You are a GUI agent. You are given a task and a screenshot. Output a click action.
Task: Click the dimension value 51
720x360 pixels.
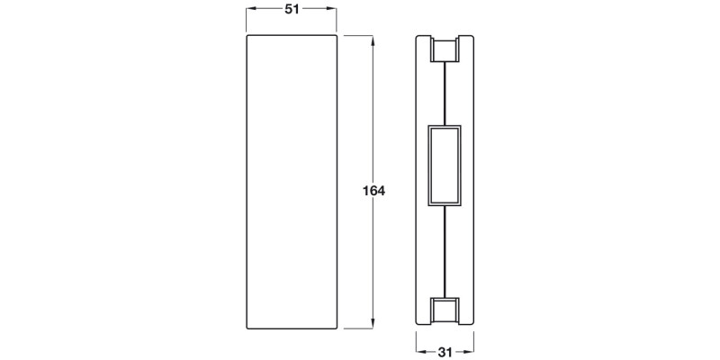point(292,9)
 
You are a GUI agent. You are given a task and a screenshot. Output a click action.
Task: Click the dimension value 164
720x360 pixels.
point(373,191)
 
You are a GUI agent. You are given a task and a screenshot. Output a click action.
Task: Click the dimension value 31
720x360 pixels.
point(445,352)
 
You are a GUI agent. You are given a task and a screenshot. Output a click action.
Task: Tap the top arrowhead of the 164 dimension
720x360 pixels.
point(373,40)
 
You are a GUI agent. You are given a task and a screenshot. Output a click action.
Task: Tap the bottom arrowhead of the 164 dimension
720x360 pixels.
point(373,323)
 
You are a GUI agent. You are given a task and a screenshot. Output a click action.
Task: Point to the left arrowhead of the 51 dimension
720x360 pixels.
point(251,9)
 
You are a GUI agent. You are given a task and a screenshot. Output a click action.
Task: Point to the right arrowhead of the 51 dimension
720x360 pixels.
point(331,9)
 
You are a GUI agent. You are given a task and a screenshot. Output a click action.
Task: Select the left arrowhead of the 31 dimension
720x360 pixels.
point(421,352)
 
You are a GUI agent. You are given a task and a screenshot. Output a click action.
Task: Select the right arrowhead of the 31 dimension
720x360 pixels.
point(469,352)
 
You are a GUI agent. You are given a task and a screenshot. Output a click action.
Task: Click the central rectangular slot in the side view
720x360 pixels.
point(445,166)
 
